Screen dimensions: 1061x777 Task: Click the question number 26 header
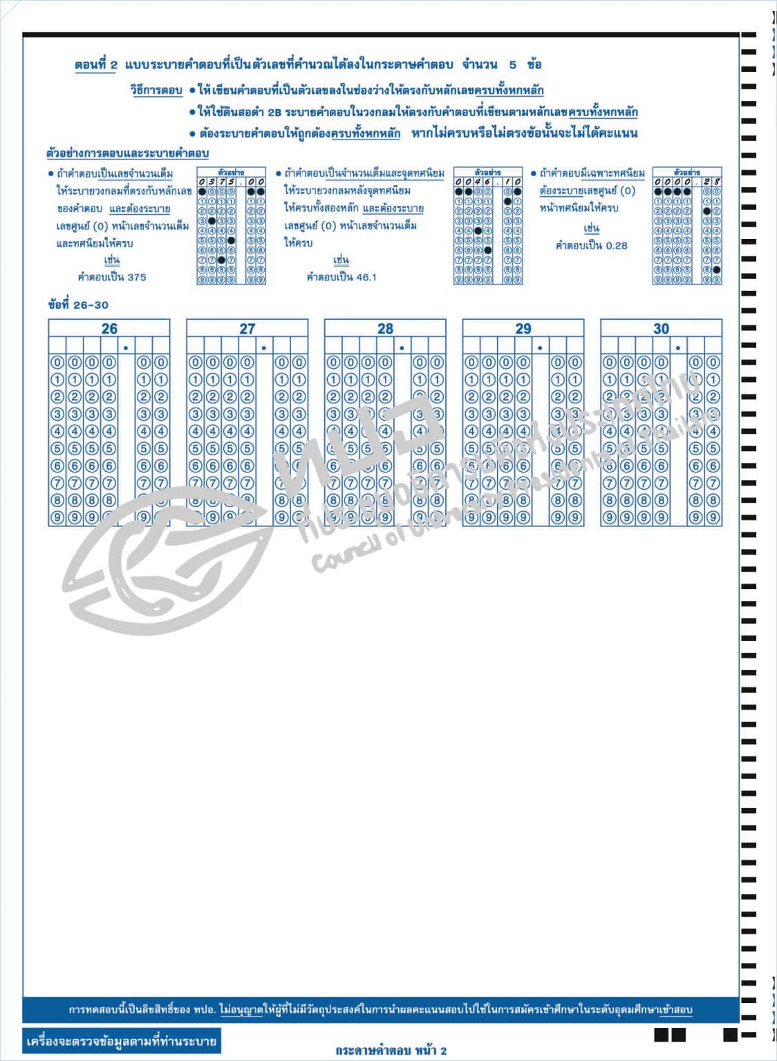[x=109, y=329]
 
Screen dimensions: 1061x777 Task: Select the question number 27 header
[x=247, y=329]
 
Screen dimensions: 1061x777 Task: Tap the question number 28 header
[x=386, y=329]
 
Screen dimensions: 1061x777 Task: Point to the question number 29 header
[x=523, y=329]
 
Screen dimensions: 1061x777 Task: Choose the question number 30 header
[x=662, y=329]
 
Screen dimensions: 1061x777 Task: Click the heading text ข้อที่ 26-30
[x=78, y=305]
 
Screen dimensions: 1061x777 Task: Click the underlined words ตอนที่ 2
[x=96, y=65]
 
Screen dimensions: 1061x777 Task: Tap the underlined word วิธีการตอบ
[x=156, y=90]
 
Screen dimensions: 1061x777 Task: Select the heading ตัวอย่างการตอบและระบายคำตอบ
[x=127, y=153]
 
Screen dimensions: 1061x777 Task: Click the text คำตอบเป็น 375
[x=112, y=277]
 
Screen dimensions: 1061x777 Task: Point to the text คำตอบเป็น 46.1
[x=341, y=277]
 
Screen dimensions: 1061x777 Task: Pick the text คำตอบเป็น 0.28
[x=592, y=245]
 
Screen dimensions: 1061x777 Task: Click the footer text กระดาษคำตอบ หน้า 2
[x=391, y=1051]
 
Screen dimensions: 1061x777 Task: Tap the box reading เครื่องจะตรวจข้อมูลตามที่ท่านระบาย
[x=122, y=1041]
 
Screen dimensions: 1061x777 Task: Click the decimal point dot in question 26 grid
[x=126, y=347]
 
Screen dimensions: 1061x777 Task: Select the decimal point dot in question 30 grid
[x=678, y=347]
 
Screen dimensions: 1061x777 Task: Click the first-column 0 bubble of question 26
[x=57, y=363]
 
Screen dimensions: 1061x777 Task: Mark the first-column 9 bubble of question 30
[x=610, y=517]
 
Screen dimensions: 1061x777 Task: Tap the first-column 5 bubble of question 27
[x=196, y=448]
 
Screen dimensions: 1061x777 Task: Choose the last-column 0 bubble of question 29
[x=575, y=363]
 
